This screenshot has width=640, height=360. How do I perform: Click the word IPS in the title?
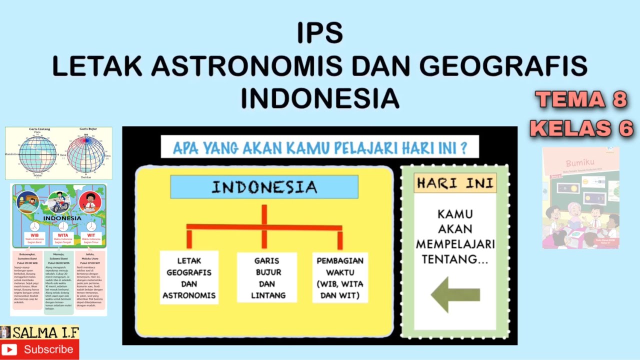tap(320, 33)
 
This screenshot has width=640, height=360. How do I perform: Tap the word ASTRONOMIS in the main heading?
tap(249, 66)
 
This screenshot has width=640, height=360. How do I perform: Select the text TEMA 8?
tap(581, 99)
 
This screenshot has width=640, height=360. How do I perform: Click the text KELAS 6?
tap(581, 128)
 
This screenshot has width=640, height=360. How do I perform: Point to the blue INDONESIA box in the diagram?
tap(264, 187)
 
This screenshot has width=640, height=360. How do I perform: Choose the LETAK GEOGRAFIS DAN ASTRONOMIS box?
tap(189, 277)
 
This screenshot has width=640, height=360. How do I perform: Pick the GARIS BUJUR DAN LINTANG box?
tap(266, 277)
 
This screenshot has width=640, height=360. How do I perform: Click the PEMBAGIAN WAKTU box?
tap(340, 277)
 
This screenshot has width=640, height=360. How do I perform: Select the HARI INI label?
tap(455, 183)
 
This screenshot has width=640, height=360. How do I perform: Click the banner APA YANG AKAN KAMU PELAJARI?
tap(319, 147)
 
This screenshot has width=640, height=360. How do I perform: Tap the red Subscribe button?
tap(39, 349)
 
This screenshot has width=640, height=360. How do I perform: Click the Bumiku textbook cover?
tap(580, 198)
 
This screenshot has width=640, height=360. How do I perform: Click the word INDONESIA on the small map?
tap(62, 218)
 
